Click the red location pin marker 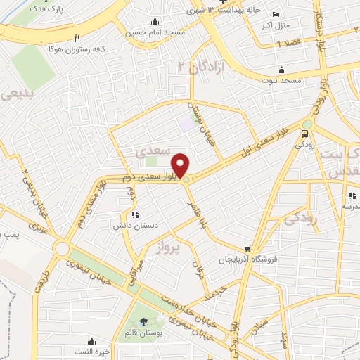[181, 165]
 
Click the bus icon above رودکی [305, 134]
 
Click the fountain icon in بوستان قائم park [144, 321]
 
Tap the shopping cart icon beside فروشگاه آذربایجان [247, 249]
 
